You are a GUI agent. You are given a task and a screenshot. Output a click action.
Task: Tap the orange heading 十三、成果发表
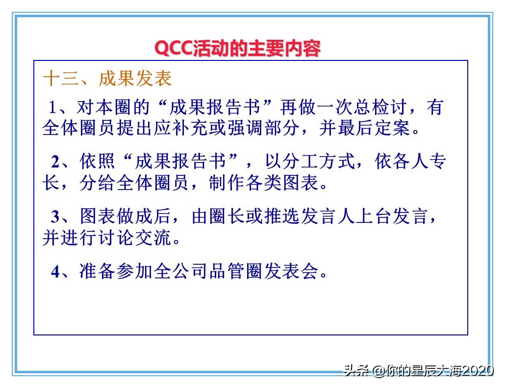(x=107, y=79)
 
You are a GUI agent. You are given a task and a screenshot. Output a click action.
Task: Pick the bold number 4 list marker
(x=55, y=271)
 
